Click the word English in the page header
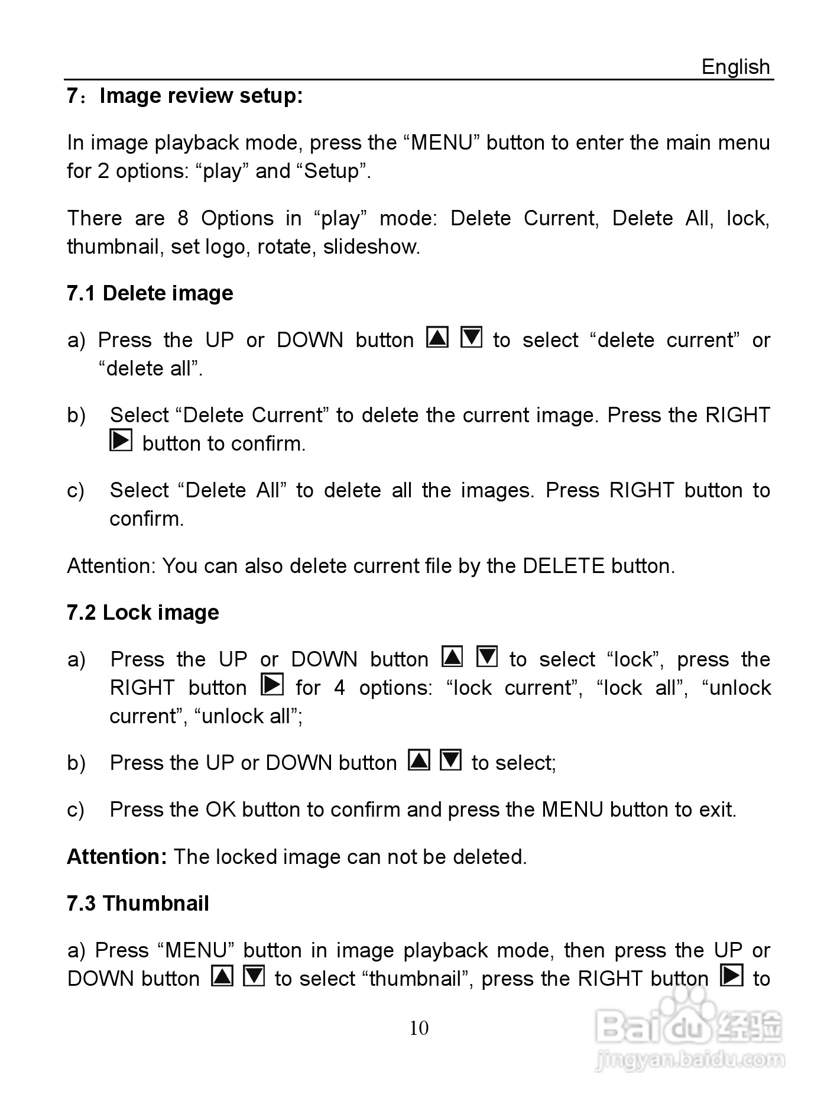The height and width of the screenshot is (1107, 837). (735, 67)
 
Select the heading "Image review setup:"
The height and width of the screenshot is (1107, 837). (201, 96)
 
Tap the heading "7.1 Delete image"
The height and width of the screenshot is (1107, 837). (150, 293)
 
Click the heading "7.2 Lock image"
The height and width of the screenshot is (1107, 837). (143, 613)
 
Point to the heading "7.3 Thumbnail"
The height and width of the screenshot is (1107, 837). (138, 904)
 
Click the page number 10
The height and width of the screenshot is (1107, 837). (418, 1028)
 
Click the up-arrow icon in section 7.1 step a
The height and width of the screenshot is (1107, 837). (437, 338)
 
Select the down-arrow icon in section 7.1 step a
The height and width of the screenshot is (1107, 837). (471, 338)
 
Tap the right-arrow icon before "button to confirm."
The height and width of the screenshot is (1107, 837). (121, 441)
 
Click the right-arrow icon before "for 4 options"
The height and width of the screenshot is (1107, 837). (272, 685)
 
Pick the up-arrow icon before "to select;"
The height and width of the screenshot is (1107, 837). (419, 760)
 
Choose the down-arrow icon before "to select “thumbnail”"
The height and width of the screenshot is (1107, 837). (254, 976)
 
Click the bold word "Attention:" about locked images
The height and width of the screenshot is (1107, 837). (117, 857)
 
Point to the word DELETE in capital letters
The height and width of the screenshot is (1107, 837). (564, 567)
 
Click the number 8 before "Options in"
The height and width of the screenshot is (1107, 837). (183, 219)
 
